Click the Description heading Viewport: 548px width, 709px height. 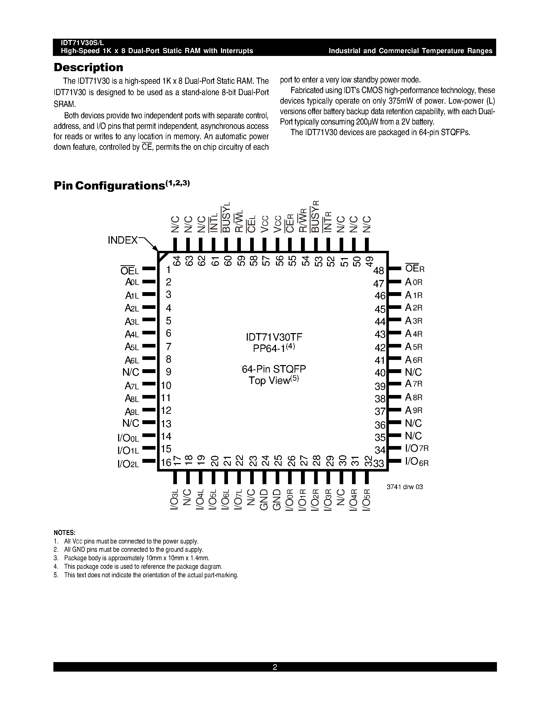[88, 67]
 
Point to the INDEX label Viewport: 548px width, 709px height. [123, 240]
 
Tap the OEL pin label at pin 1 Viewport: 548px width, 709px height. [129, 270]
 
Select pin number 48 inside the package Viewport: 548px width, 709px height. [379, 270]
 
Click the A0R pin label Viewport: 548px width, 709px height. [414, 282]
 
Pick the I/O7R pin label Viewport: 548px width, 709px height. [417, 448]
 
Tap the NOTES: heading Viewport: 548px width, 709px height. [65, 533]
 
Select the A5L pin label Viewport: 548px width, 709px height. [132, 347]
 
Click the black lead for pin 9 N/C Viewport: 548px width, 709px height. [149, 371]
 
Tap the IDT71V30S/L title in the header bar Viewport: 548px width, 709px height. [83, 43]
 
